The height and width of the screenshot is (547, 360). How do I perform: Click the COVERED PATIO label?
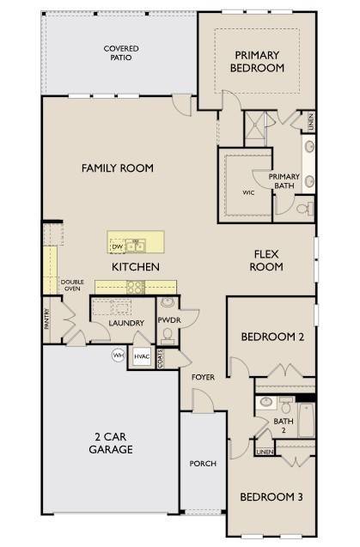121,54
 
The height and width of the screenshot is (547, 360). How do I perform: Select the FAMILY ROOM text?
118,168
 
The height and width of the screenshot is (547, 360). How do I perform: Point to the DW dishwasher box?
118,246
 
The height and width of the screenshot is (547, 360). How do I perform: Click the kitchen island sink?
136,246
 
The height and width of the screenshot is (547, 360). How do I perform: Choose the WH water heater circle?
118,355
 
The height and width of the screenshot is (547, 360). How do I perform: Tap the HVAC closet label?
141,355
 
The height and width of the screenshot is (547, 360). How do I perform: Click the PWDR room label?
168,320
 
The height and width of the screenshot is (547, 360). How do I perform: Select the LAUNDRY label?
125,324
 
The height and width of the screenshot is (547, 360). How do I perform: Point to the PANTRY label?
47,319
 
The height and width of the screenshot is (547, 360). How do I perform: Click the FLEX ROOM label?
266,260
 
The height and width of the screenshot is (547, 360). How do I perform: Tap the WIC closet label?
247,192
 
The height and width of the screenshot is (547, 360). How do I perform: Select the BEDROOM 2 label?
272,337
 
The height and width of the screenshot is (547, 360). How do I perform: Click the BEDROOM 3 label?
272,497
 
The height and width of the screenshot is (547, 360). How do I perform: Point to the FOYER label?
204,377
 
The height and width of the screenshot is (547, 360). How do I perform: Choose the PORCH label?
203,464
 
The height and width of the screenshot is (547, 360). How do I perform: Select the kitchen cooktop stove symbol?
136,287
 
